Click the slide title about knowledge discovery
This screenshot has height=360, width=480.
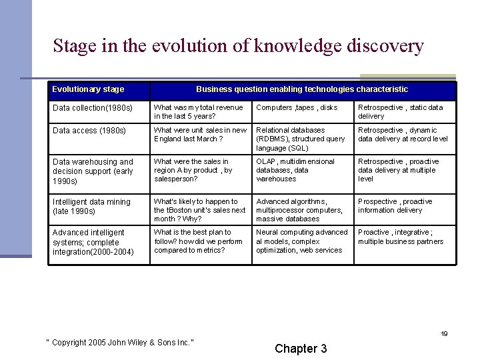click(238, 46)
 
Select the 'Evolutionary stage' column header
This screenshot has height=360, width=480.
click(88, 89)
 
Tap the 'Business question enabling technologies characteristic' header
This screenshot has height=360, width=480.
click(301, 89)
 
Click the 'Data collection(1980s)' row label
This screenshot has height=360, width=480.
click(93, 108)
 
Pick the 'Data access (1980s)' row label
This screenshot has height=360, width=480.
click(89, 131)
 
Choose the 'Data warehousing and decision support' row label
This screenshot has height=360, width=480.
click(93, 171)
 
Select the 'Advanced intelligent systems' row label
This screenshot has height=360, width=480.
click(93, 242)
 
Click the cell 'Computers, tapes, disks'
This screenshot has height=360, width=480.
click(297, 108)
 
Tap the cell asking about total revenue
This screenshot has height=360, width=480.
click(199, 112)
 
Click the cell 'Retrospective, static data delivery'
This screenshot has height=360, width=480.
click(400, 112)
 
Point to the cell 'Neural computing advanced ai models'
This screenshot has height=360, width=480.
click(301, 241)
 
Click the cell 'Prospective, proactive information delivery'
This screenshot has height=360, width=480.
click(395, 205)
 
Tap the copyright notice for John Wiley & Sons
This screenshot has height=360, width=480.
click(119, 343)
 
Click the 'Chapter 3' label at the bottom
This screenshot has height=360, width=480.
click(301, 349)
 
